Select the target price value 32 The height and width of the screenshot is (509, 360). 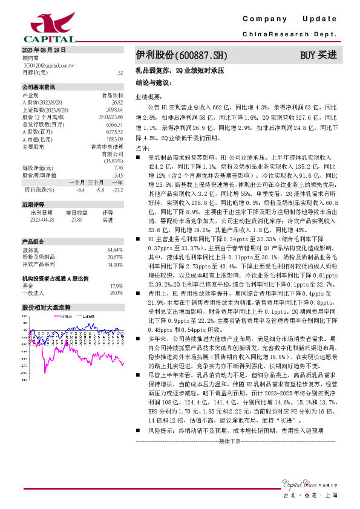tap(120, 72)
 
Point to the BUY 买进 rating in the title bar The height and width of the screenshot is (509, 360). tap(318, 56)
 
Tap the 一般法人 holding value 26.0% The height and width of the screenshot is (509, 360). tap(116, 293)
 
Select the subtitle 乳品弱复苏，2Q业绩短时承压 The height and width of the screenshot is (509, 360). tap(180, 71)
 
